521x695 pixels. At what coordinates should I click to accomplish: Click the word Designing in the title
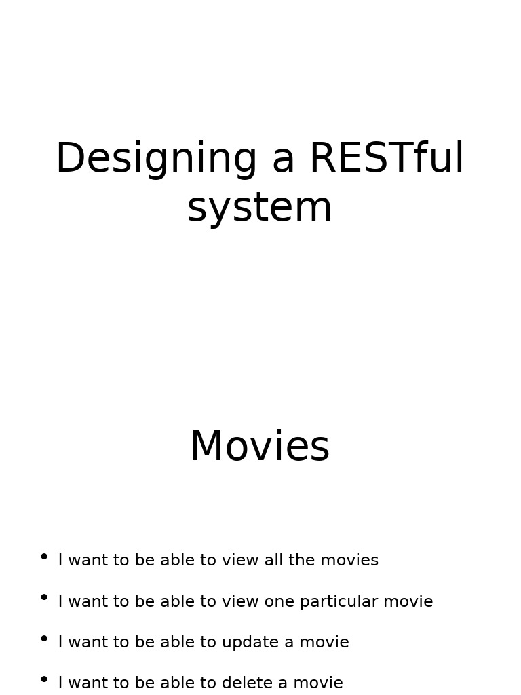click(157, 159)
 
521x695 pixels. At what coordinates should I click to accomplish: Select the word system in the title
click(260, 208)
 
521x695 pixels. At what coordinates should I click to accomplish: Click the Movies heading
click(260, 447)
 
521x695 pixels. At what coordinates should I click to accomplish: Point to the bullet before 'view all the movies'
click(44, 557)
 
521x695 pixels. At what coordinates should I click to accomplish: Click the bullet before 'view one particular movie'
click(44, 597)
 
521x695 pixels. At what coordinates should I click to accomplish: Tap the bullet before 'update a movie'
click(44, 639)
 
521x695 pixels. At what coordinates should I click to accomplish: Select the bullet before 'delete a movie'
click(44, 679)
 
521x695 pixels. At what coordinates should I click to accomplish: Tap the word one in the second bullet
click(279, 602)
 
